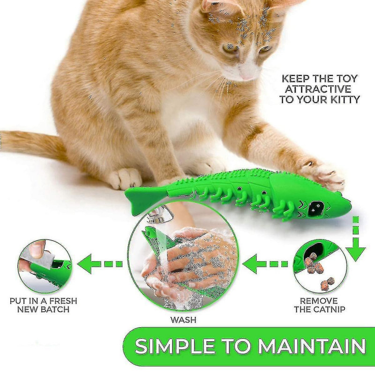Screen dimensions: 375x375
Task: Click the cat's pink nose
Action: [x=247, y=75]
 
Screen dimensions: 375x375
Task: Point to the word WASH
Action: [x=184, y=320]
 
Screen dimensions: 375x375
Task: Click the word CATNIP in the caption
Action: [x=330, y=309]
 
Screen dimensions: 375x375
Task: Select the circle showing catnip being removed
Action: [x=320, y=266]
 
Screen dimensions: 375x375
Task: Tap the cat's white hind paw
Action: [x=124, y=178]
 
